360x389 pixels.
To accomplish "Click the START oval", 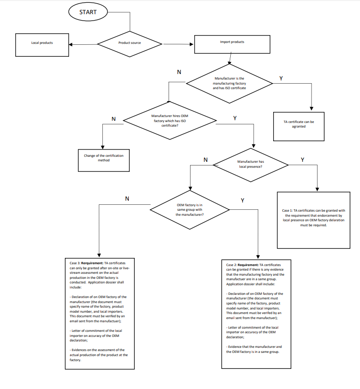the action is pos(88,12).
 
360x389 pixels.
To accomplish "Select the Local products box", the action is pos(42,45).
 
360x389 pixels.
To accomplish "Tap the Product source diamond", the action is pos(130,44).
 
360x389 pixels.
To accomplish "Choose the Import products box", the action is pos(232,44).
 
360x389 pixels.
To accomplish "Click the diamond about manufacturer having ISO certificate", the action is pos(229,83).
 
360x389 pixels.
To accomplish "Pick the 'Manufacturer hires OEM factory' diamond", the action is pos(170,121).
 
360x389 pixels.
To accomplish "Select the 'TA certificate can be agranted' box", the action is pos(299,127).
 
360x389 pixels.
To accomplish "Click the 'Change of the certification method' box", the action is pos(104,160).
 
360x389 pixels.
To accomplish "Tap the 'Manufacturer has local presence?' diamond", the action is pos(251,165).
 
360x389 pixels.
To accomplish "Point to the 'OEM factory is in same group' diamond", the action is pos(190,210).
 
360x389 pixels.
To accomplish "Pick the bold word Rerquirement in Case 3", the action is pos(92,263).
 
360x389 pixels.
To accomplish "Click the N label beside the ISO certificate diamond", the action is pos(179,72).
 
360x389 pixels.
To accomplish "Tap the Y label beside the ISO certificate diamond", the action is pos(281,79).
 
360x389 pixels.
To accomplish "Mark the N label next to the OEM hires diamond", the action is pos(114,119).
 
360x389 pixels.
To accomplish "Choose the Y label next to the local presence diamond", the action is pos(302,160).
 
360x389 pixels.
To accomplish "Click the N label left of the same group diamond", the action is pos(127,199).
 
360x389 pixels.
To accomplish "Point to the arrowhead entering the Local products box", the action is pos(70,45).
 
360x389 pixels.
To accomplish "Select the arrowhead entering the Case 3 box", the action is pos(99,255).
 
